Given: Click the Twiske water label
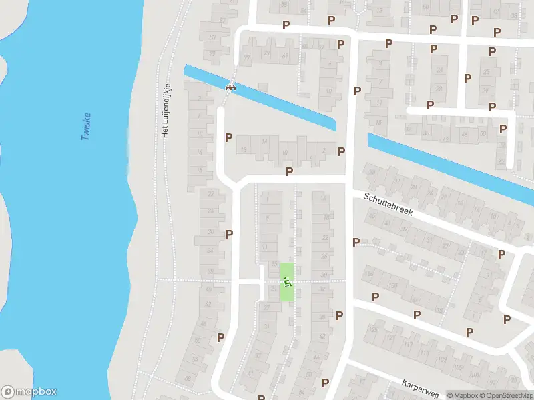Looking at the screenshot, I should tap(85, 125).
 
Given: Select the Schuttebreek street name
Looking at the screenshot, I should tap(388, 204).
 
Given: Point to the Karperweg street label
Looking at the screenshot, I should tap(419, 389).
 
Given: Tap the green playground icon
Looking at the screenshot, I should tap(287, 282).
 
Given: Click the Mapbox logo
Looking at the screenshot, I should tap(29, 392).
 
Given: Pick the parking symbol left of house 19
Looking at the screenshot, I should tap(228, 138).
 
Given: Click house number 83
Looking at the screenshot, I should tap(213, 37).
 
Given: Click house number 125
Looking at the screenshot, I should tap(374, 330).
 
